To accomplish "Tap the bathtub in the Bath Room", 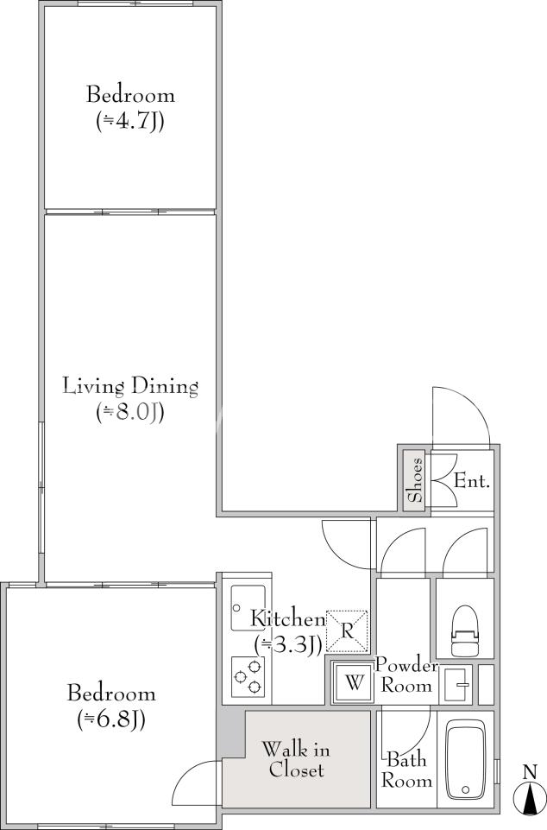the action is click(x=465, y=759).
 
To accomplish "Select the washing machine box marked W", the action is click(x=354, y=683).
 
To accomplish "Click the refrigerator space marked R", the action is click(x=347, y=631).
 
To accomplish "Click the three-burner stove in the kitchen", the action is click(x=248, y=676).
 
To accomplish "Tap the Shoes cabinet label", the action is click(x=415, y=479).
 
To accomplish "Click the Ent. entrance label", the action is click(x=472, y=482).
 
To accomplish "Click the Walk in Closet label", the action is click(x=296, y=759).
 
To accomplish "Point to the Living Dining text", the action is click(x=130, y=386).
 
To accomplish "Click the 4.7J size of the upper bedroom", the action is click(x=130, y=122).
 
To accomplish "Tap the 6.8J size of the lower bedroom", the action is click(x=111, y=719).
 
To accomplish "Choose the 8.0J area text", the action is click(x=130, y=412).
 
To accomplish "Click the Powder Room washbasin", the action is click(x=456, y=685).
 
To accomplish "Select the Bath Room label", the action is click(x=406, y=770).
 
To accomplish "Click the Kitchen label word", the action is click(x=287, y=618).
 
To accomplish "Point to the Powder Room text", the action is click(x=406, y=675).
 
